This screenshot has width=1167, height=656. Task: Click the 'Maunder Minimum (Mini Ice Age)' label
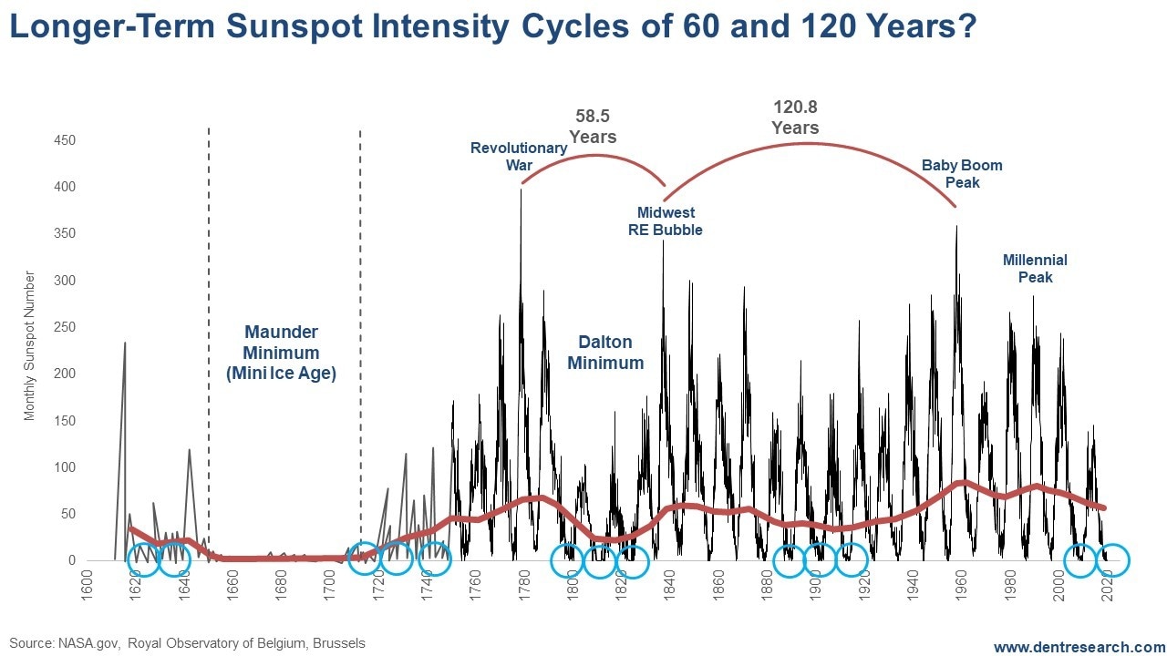click(x=281, y=353)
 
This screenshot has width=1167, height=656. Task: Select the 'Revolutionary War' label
click(x=519, y=157)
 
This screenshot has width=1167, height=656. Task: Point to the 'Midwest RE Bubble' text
click(x=666, y=221)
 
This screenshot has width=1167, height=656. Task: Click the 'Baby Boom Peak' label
click(x=962, y=174)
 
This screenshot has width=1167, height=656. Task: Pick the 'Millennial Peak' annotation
click(x=1035, y=269)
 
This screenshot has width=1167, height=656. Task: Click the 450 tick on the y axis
click(x=64, y=141)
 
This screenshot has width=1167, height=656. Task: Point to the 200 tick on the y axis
click(x=64, y=374)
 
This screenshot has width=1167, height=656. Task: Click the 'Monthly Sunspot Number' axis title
click(x=30, y=345)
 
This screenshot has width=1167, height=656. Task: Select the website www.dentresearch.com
click(x=1079, y=647)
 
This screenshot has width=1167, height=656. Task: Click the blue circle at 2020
click(x=1113, y=560)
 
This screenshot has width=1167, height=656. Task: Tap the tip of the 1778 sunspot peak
click(x=521, y=189)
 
